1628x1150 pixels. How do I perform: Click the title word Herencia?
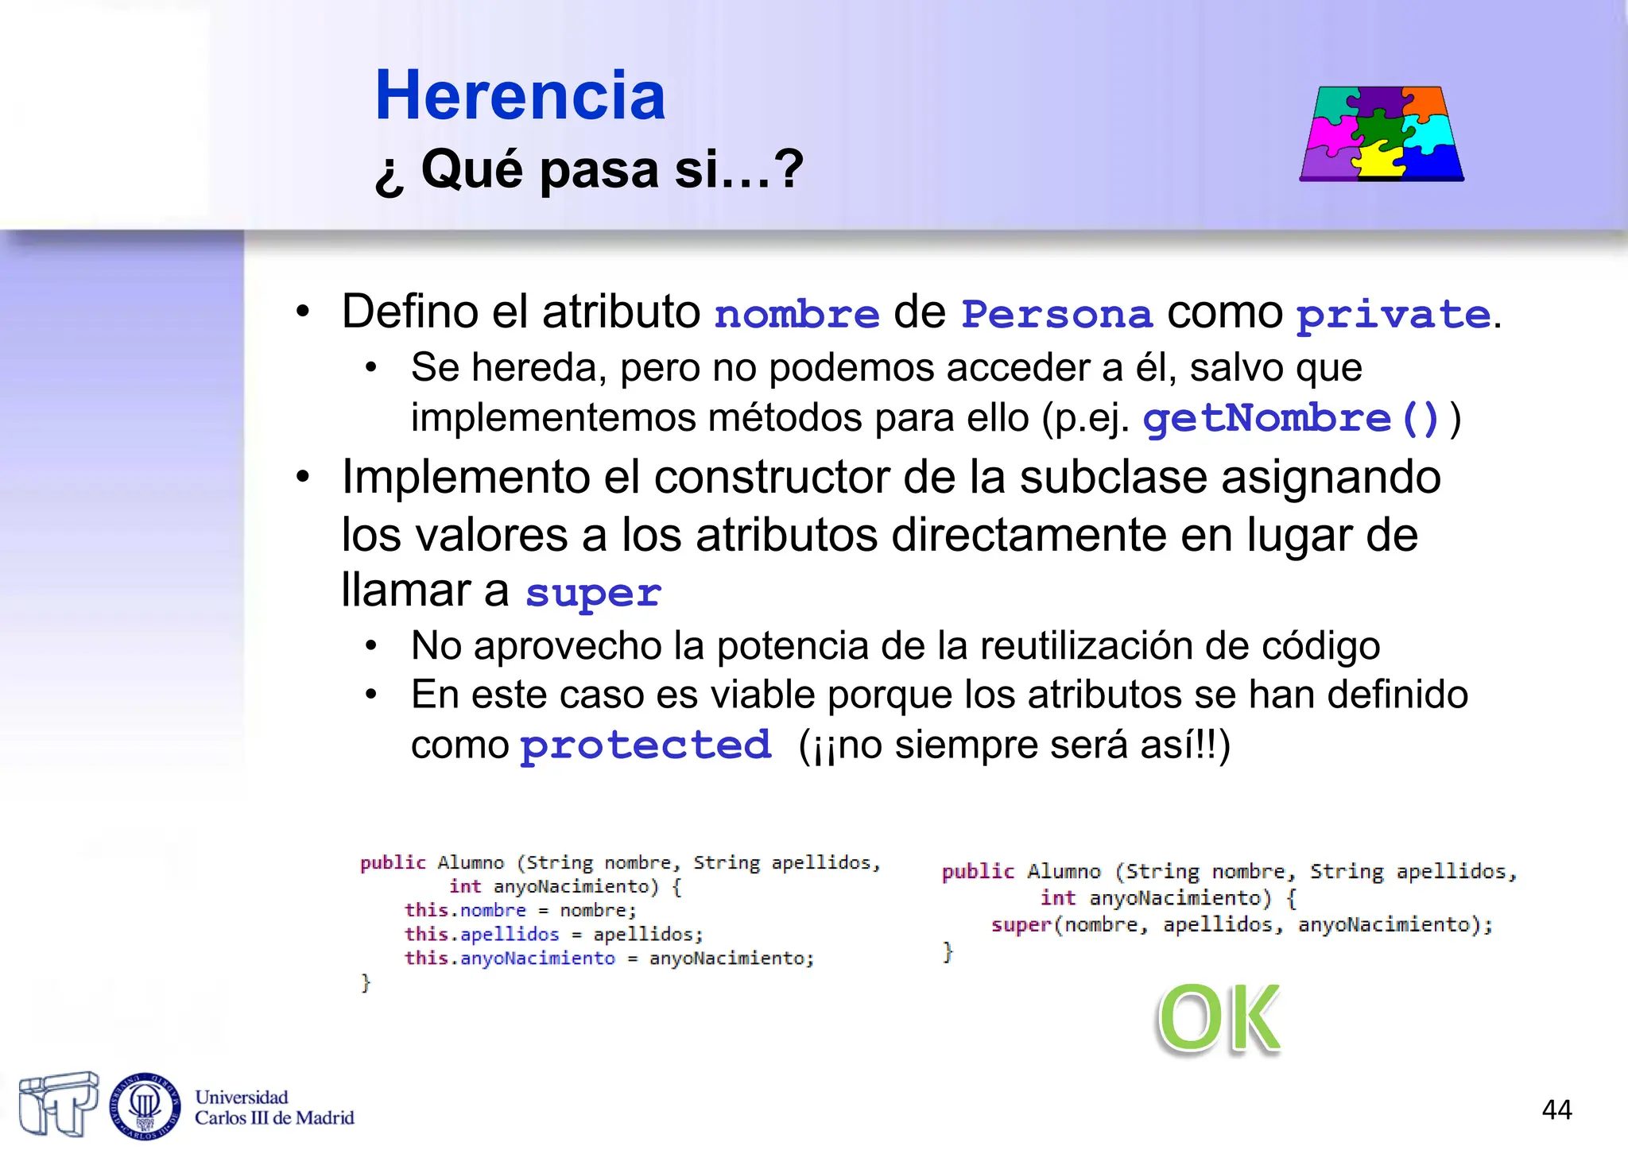[x=520, y=95]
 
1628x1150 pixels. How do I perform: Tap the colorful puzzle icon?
[x=1382, y=134]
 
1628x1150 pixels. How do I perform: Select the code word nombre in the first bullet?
[x=797, y=314]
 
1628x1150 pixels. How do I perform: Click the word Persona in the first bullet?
[x=1056, y=314]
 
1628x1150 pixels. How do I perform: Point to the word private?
[x=1393, y=315]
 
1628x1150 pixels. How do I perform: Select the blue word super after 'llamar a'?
[x=593, y=593]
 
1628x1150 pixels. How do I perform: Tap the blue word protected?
[x=645, y=745]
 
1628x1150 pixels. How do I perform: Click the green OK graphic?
[x=1219, y=1018]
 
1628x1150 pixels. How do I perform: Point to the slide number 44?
[x=1556, y=1109]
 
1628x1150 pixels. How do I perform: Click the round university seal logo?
[x=145, y=1105]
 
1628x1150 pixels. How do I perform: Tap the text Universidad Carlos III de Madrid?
[x=274, y=1108]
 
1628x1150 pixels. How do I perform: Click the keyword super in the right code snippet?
[x=1021, y=925]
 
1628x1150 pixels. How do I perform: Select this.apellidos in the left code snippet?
[x=482, y=935]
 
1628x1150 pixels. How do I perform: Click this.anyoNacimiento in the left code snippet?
[x=510, y=958]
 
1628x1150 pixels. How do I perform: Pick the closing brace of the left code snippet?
[x=366, y=983]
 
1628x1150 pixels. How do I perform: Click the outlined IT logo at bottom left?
[x=59, y=1104]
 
